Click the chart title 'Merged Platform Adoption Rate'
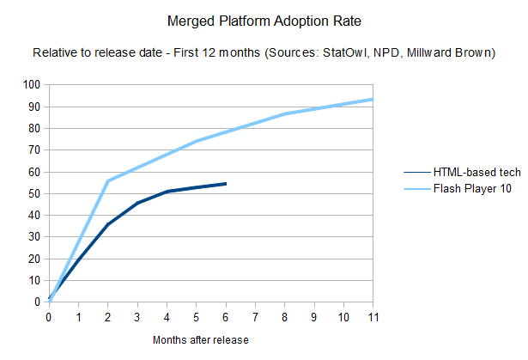tap(263, 18)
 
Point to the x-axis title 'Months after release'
tap(201, 339)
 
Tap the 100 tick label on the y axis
tap(32, 84)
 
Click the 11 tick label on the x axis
tap(372, 315)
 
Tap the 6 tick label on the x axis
tap(226, 315)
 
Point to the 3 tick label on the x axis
tap(137, 315)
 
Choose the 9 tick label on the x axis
tap(314, 315)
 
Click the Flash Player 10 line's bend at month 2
tap(108, 180)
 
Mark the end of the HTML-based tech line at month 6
tap(226, 183)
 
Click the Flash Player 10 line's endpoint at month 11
tap(372, 99)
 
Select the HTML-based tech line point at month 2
tap(108, 224)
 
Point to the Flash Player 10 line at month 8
tap(285, 113)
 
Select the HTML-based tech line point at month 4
tap(167, 191)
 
